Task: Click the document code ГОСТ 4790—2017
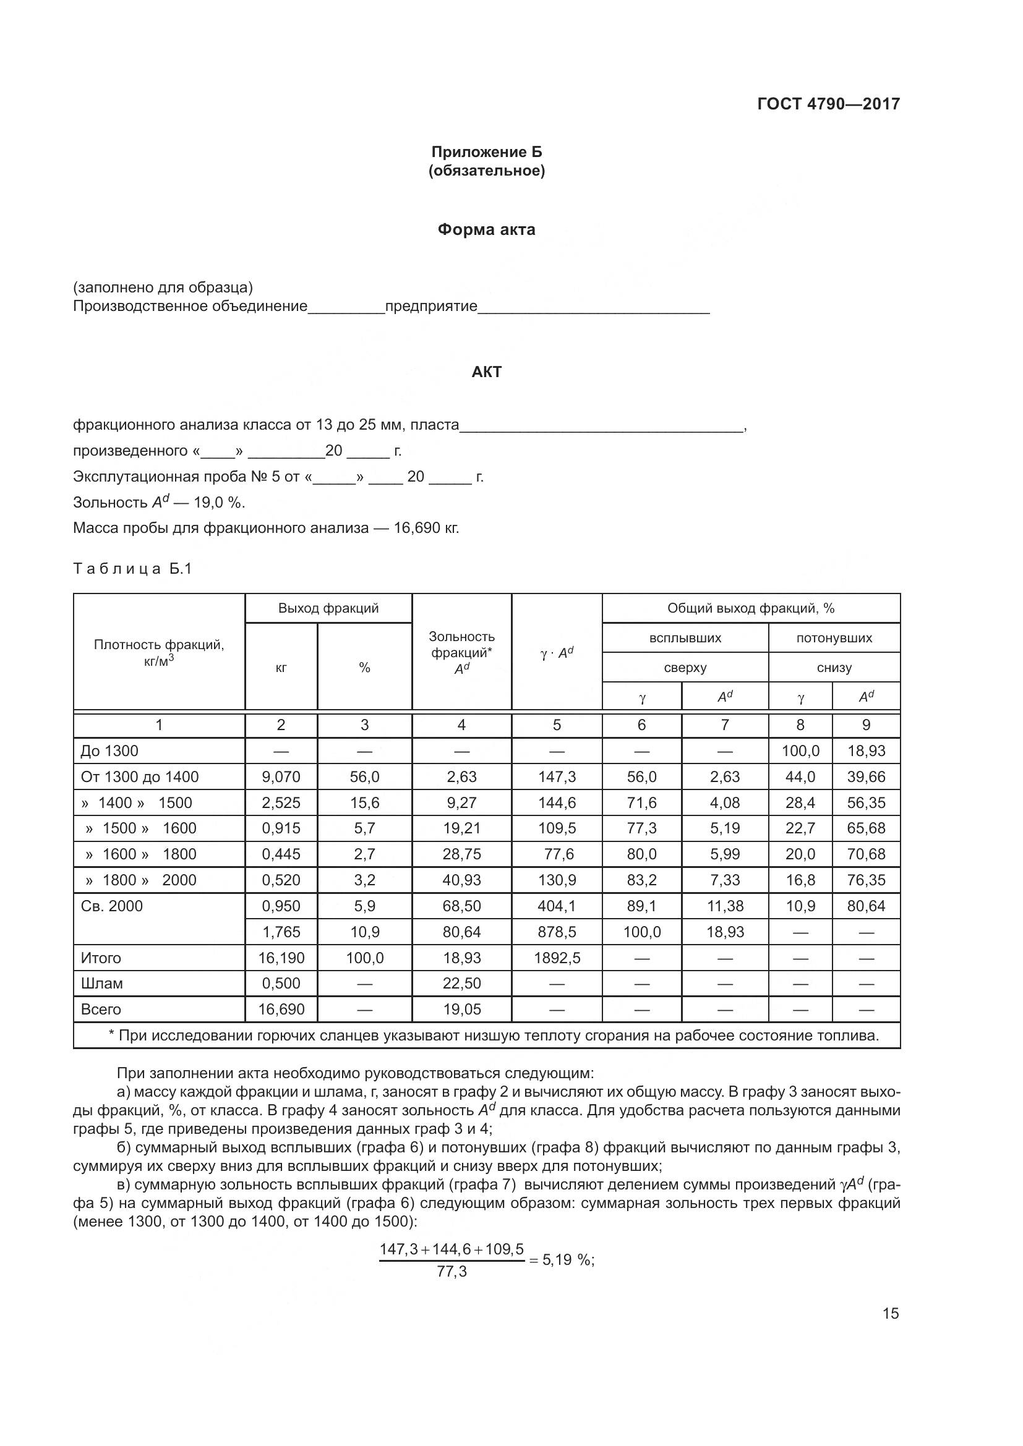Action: [x=828, y=104]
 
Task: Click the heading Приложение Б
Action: [x=486, y=152]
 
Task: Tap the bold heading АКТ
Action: [x=486, y=372]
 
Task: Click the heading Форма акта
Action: [x=486, y=229]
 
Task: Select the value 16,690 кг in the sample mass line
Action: [x=426, y=528]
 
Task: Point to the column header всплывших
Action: [x=685, y=638]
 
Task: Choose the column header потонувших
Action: [x=834, y=638]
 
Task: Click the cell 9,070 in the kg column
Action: [x=281, y=776]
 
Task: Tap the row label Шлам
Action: [x=101, y=983]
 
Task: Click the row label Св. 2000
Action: [x=111, y=906]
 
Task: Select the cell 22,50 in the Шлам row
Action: [x=461, y=983]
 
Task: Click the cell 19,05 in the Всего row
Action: [x=461, y=1009]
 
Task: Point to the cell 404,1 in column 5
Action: [x=557, y=906]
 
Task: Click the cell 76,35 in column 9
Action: [x=865, y=880]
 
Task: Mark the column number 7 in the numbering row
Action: [x=724, y=725]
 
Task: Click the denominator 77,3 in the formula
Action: [x=452, y=1272]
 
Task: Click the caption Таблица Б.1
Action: [x=132, y=569]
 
